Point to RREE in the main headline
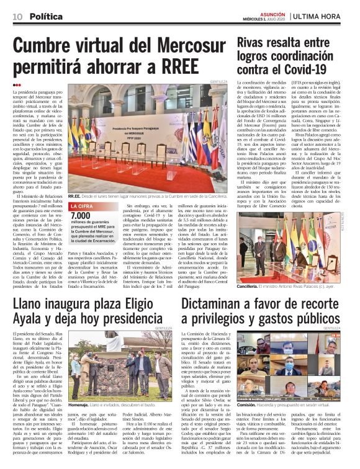tap(174, 66)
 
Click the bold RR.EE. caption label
tap(75, 194)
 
